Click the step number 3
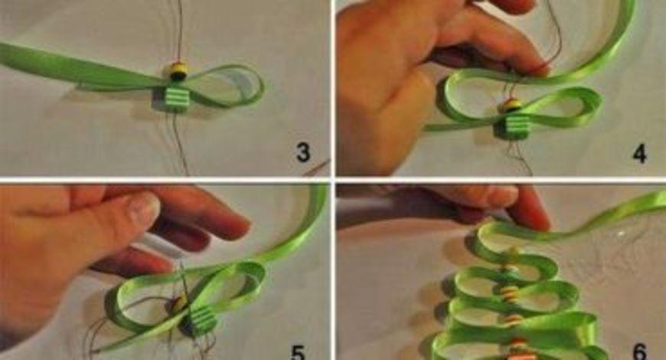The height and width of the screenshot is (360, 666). pos(303,152)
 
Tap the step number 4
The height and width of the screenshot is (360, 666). pos(640,154)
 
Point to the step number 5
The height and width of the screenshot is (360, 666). pos(298,352)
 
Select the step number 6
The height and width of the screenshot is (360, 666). pos(640,352)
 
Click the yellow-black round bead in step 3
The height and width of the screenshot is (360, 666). pos(178,71)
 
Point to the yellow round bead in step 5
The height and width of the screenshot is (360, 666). pos(179,303)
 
